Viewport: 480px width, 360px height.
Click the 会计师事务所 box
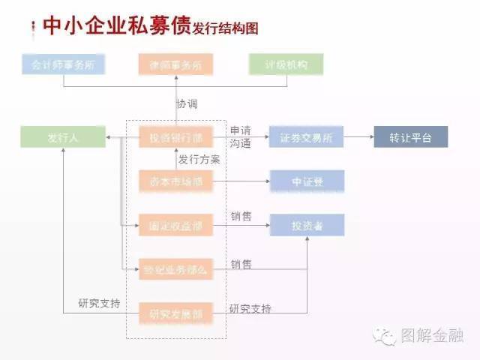pos(63,64)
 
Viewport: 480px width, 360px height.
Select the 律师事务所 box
pos(175,64)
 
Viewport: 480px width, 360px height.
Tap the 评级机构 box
pos(286,64)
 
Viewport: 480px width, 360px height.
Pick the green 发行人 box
pos(63,138)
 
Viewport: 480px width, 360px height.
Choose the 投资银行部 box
pos(175,138)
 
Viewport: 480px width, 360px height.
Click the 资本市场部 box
pos(175,181)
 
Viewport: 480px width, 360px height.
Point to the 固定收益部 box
pos(175,224)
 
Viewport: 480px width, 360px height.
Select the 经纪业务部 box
pos(175,268)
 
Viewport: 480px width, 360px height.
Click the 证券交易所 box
pos(306,138)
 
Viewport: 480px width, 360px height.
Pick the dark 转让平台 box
pos(411,138)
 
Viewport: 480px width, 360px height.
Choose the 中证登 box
pos(306,181)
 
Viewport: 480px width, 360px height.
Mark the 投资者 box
pos(306,224)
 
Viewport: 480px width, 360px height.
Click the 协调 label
pos(187,103)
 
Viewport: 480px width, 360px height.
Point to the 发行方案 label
pos(199,160)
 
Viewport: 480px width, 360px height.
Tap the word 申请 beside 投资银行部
pos(240,130)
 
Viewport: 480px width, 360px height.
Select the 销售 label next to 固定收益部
pos(241,217)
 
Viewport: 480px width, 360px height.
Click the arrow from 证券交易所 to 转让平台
pos(358,138)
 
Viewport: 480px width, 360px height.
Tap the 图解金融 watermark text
pos(433,335)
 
